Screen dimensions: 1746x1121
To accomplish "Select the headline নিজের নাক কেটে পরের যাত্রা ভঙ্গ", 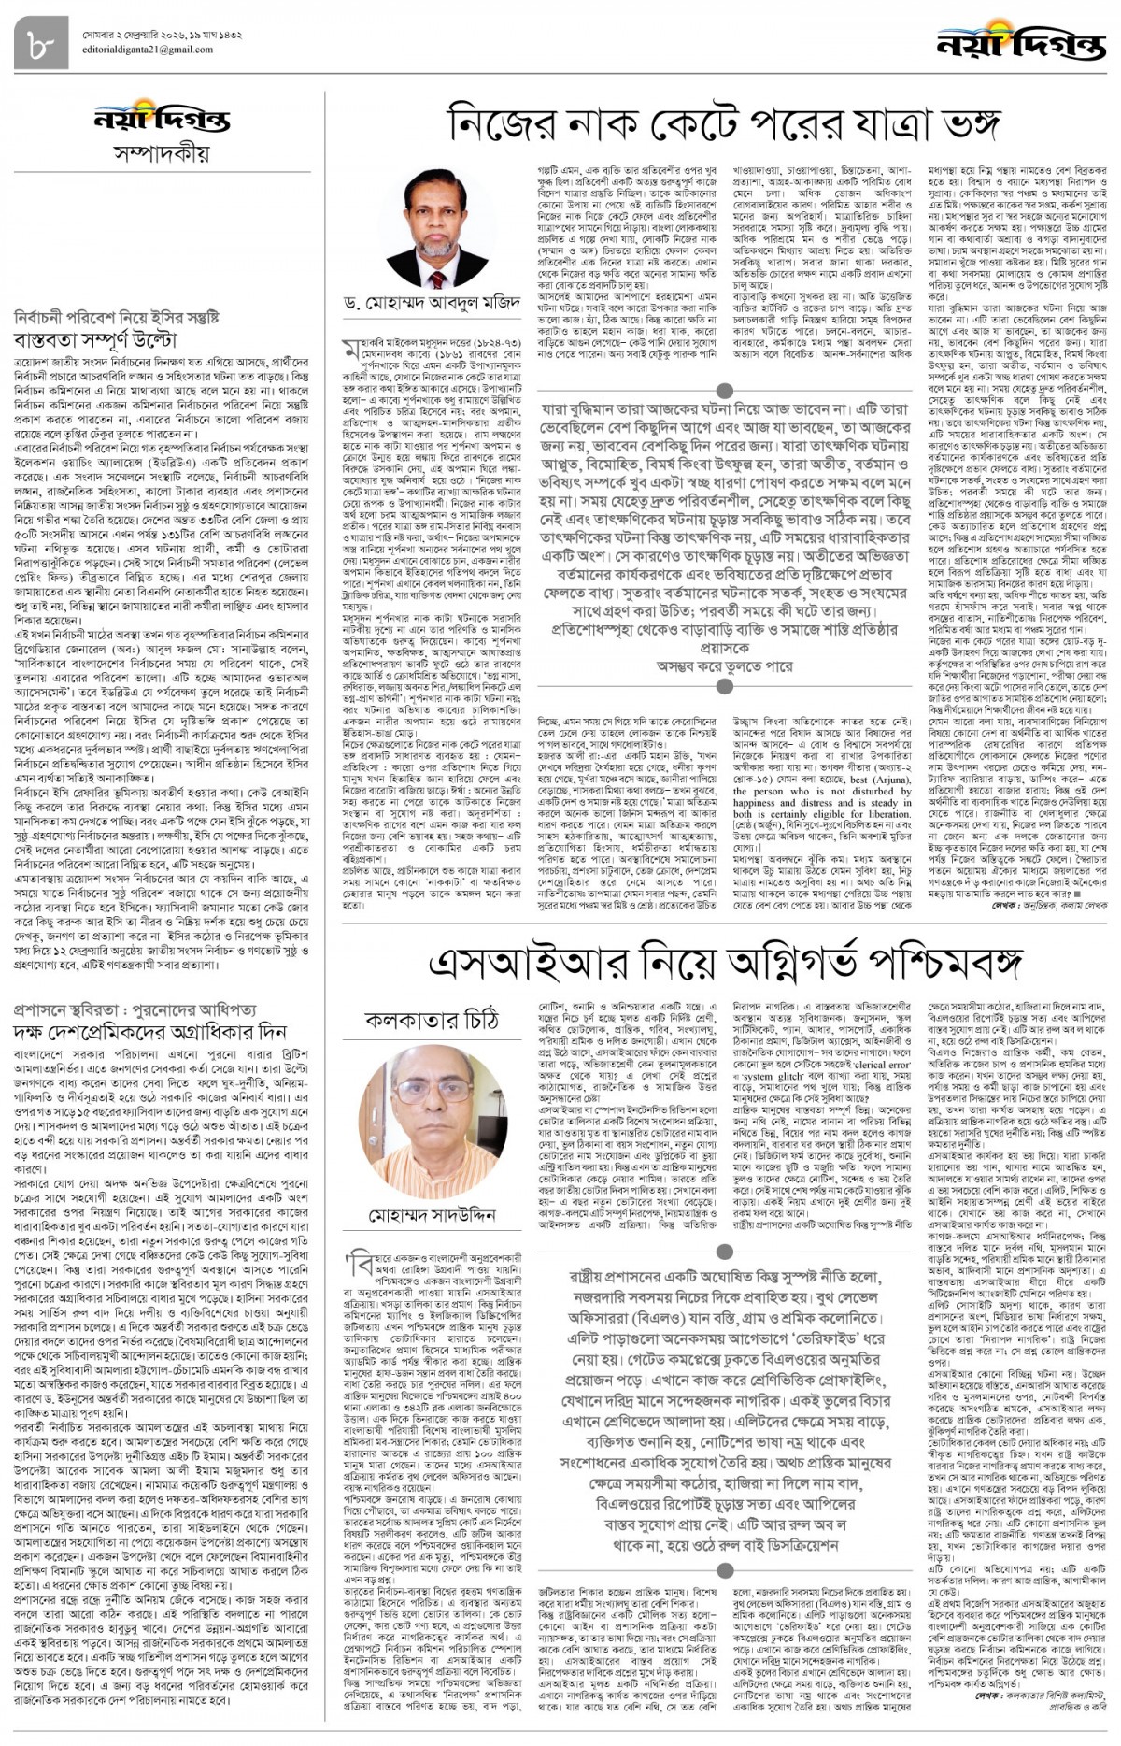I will pyautogui.click(x=725, y=122).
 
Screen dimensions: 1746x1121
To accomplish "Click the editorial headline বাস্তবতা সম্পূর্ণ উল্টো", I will pyautogui.click(x=96, y=339).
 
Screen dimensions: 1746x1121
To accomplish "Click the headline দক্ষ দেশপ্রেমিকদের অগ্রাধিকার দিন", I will pyautogui.click(x=149, y=1032).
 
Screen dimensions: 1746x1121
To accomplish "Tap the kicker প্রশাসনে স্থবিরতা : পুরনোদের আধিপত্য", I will pyautogui.click(x=135, y=1011).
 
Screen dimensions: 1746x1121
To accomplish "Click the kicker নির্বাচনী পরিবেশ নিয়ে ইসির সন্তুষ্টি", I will pyautogui.click(x=117, y=317).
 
